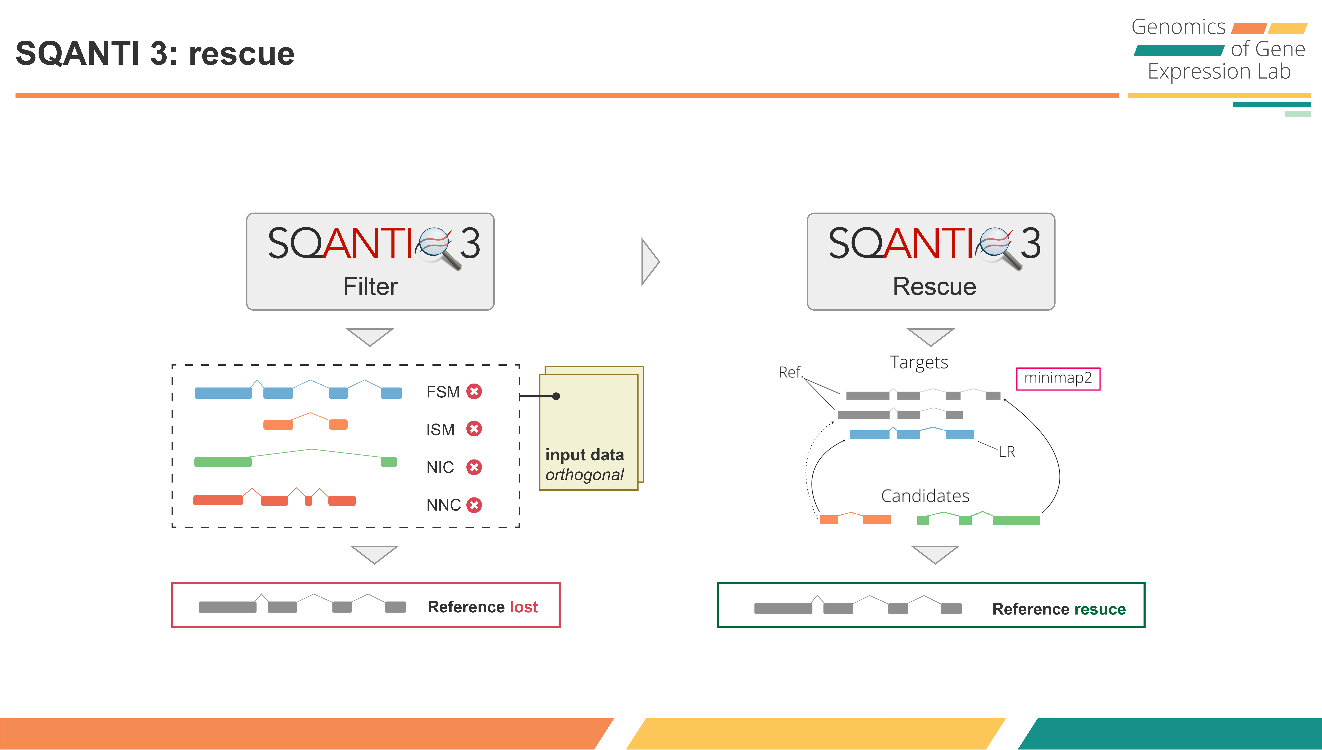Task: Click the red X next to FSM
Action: coord(474,391)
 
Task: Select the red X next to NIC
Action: coord(474,467)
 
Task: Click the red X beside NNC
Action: coord(474,505)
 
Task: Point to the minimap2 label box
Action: coord(1058,379)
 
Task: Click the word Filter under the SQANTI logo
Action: coord(370,286)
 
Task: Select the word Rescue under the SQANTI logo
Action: coord(934,286)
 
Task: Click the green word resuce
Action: coord(1099,609)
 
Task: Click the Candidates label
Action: coord(925,496)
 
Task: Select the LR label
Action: coord(1007,452)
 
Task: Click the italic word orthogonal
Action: coord(584,474)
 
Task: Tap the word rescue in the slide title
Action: coord(242,54)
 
